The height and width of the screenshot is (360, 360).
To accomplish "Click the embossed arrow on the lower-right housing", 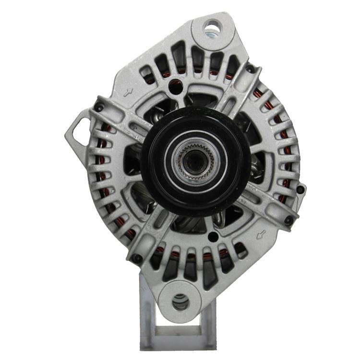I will click(x=262, y=235).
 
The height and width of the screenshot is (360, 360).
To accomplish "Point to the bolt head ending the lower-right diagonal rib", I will click(x=288, y=220).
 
